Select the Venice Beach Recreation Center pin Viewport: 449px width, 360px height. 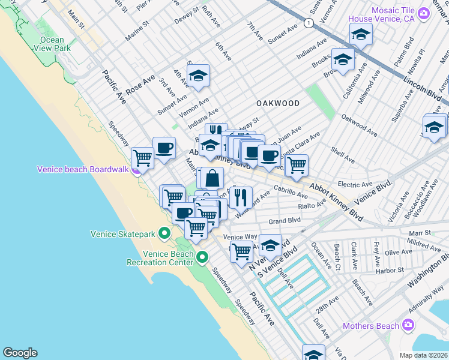(202, 257)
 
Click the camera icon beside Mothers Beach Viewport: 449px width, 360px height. (408, 325)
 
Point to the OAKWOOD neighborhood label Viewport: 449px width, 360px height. (277, 103)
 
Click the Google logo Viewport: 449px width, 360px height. (20, 353)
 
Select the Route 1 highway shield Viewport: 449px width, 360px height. (309, 23)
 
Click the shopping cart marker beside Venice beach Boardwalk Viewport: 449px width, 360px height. (142, 158)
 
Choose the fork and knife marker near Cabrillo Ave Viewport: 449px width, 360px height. (241, 196)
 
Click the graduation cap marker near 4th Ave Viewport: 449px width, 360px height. (198, 76)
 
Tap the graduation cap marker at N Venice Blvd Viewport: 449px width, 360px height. (271, 245)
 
